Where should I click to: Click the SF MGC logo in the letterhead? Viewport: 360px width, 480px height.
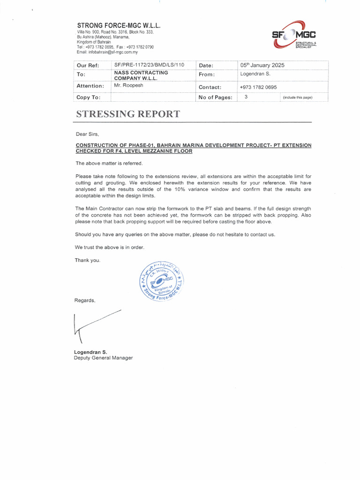295,36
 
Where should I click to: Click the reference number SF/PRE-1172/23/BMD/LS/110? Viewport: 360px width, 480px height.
149,65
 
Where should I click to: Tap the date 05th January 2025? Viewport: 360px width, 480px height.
262,65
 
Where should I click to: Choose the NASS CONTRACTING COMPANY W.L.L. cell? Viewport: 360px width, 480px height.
141,75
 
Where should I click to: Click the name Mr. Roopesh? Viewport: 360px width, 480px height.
128,86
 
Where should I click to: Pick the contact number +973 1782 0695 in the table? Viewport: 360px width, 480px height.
258,87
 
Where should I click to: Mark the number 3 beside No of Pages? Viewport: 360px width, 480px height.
246,97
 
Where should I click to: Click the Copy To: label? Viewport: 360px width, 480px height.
88,97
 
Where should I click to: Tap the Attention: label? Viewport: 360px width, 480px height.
90,86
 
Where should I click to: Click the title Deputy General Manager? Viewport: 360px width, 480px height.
103,358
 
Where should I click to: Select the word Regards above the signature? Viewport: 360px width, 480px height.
85,300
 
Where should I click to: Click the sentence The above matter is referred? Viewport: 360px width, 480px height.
105,163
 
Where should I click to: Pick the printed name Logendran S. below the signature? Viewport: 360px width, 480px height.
90,352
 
